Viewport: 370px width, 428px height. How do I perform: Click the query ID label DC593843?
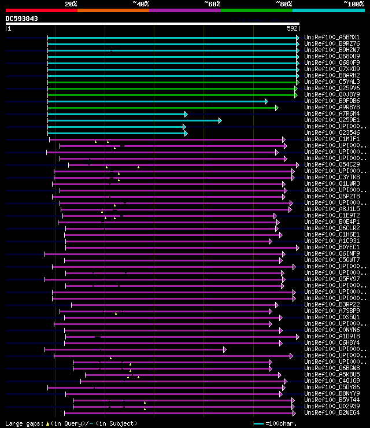(x=22, y=19)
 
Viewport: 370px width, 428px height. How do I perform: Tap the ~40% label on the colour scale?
(x=140, y=4)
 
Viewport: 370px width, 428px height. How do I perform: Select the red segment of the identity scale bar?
(x=40, y=10)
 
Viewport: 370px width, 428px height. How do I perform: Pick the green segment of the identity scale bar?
(x=256, y=10)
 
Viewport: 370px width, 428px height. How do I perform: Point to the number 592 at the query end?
(x=292, y=28)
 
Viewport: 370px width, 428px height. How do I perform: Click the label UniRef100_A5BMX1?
(x=331, y=38)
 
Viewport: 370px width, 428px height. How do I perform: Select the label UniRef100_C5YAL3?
(x=331, y=82)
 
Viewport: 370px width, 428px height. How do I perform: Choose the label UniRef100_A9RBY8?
(x=331, y=108)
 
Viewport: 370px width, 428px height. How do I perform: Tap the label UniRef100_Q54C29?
(x=331, y=165)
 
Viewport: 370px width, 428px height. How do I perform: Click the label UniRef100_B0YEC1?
(x=331, y=248)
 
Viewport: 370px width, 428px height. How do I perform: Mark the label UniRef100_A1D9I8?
(x=331, y=337)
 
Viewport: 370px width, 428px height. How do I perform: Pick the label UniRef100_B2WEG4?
(x=331, y=413)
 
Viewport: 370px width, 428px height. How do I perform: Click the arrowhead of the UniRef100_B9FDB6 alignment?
(x=266, y=101)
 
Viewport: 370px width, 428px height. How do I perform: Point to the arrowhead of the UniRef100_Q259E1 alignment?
(x=220, y=120)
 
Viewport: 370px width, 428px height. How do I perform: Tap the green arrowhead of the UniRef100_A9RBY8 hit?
(x=276, y=108)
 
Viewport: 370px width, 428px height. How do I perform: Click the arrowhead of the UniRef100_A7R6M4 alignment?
(x=186, y=114)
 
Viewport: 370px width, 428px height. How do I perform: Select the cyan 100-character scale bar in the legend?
(x=258, y=424)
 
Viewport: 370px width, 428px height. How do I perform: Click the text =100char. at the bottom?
(x=282, y=424)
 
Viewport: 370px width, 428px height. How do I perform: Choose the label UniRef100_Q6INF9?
(x=331, y=254)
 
